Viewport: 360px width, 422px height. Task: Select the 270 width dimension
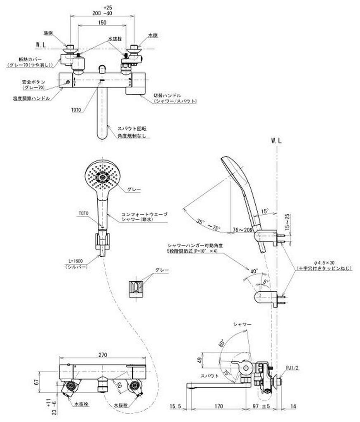tap(103, 354)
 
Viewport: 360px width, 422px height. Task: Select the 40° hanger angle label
tap(254, 271)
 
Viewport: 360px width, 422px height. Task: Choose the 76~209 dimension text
tap(242, 230)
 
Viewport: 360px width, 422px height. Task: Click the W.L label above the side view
tap(277, 141)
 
